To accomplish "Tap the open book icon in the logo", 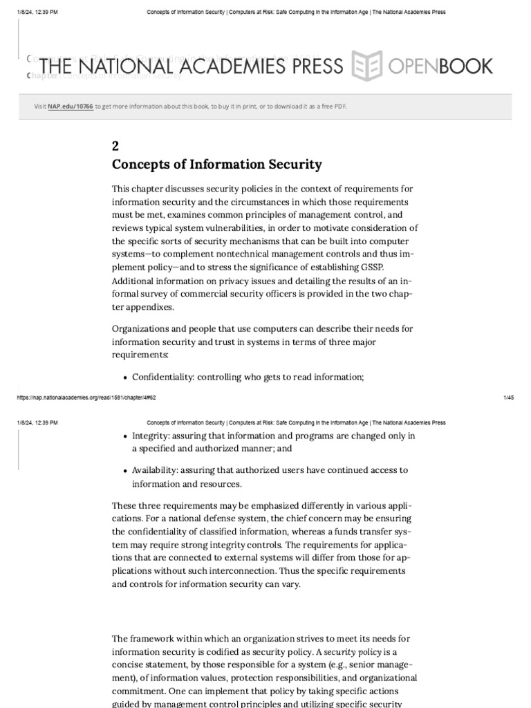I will click(x=367, y=66).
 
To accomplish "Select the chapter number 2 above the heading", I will click(x=115, y=146).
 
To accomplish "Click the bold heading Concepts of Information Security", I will click(x=216, y=165).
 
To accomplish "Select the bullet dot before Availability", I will click(x=124, y=471).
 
